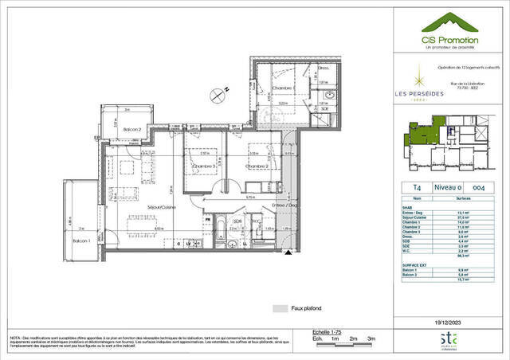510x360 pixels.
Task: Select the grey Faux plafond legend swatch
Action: (279, 307)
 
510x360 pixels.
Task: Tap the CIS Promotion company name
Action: (449, 39)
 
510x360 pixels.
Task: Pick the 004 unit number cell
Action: (478, 188)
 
